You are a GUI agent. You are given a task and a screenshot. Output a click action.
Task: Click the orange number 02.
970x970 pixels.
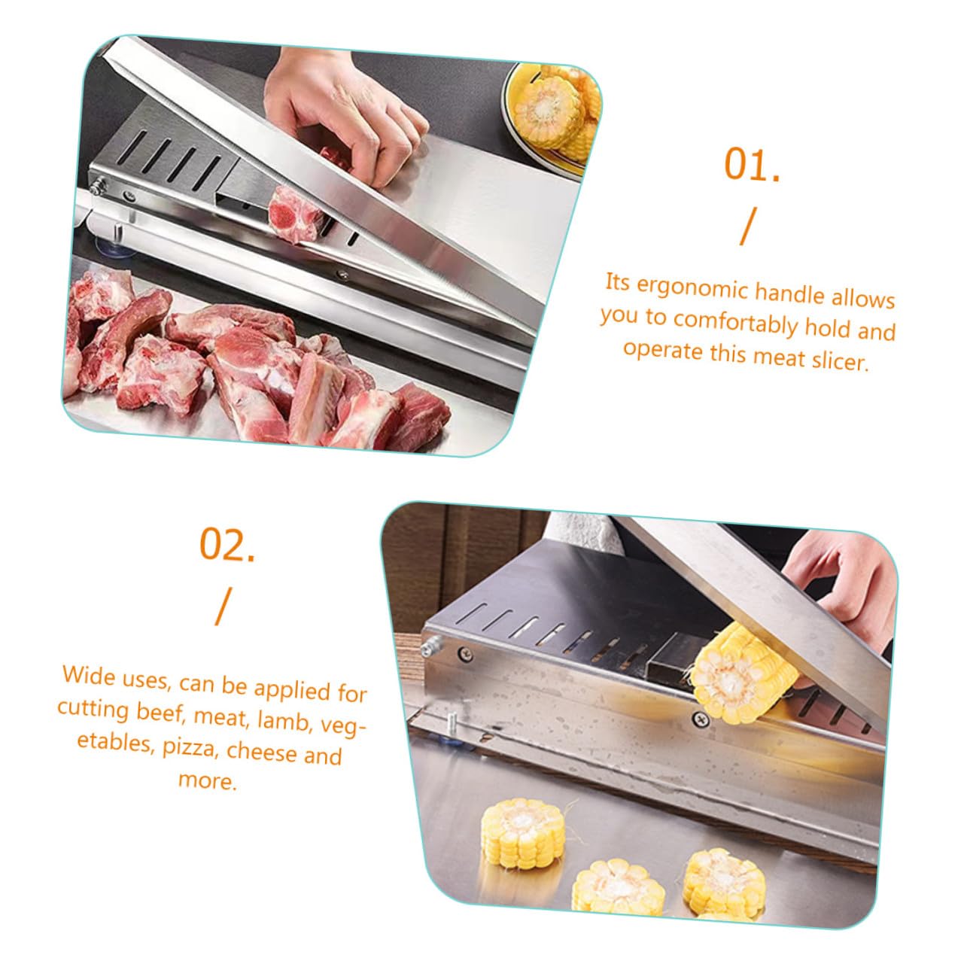click(x=227, y=544)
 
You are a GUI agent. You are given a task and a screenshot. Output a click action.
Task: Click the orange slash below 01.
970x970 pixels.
click(x=748, y=227)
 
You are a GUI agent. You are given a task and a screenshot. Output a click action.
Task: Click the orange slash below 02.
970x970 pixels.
click(x=223, y=607)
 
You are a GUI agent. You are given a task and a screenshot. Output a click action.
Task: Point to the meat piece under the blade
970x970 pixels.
click(x=294, y=214)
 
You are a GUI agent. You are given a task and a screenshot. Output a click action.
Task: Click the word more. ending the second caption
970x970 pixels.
click(x=208, y=780)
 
